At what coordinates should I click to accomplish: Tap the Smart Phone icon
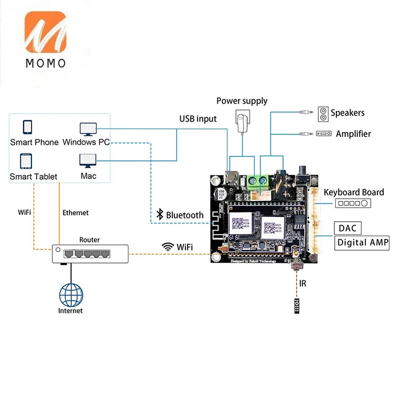point(27,127)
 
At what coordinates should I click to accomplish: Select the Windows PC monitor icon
point(88,128)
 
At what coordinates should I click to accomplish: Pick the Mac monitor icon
point(88,160)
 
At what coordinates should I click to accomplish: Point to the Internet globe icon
point(71,295)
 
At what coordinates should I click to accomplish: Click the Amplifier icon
point(323,134)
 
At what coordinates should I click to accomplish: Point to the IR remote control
point(297,306)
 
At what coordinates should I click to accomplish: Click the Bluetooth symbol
point(160,214)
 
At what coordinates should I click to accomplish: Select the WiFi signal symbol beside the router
point(168,246)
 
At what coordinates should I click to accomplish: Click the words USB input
point(198,118)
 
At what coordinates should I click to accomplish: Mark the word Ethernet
point(75,213)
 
